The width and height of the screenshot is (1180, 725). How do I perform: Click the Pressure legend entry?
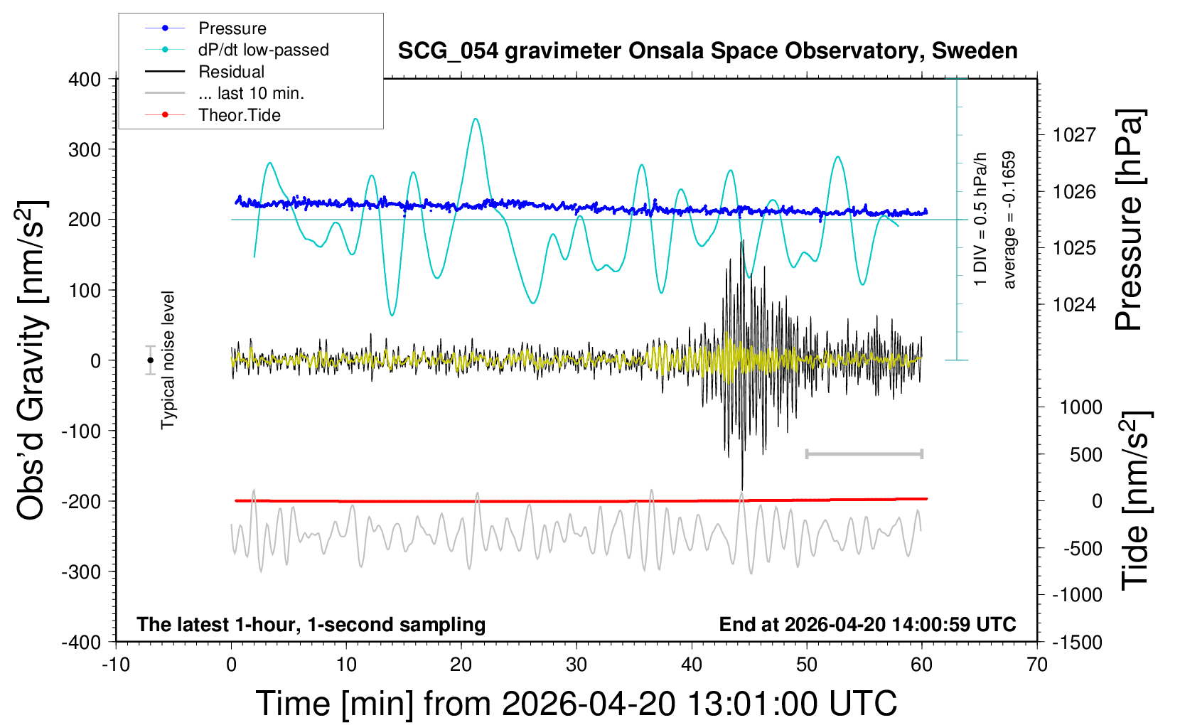[x=232, y=28]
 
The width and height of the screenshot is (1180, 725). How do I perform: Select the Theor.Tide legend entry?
[x=239, y=115]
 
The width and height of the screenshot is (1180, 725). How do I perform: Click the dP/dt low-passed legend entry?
[x=263, y=50]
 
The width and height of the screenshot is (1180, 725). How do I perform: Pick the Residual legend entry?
[x=231, y=72]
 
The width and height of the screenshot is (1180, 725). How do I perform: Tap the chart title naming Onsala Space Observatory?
[x=707, y=51]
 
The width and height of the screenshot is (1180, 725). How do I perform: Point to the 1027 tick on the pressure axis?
[x=1074, y=134]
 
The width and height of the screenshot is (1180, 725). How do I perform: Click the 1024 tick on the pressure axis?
[x=1074, y=304]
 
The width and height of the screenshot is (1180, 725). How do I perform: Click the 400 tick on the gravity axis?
[x=85, y=79]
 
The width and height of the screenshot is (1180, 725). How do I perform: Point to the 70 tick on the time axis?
[x=1037, y=665]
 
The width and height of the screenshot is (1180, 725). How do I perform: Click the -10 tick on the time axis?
[x=116, y=665]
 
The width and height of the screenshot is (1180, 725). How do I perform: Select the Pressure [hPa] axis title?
[x=1129, y=220]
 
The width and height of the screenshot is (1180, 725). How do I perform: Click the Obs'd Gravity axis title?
[x=32, y=360]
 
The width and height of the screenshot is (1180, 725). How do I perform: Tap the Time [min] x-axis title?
[x=576, y=704]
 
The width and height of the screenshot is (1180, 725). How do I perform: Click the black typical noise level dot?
[x=150, y=360]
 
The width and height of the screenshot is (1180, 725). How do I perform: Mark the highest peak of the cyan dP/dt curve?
[x=476, y=119]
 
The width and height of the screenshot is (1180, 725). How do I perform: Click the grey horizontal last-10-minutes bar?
[x=864, y=453]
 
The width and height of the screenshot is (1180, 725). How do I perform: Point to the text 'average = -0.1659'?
[x=1009, y=220]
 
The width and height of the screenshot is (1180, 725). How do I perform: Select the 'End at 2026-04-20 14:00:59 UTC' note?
[x=867, y=624]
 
